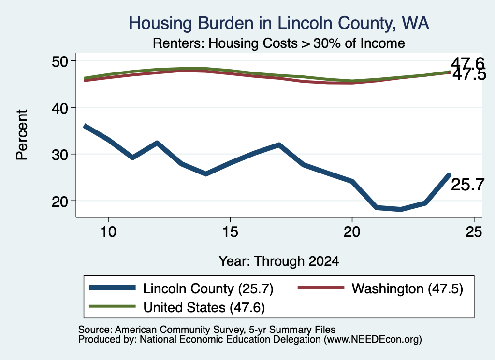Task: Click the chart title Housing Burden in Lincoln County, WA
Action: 279,23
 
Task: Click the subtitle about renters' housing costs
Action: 279,43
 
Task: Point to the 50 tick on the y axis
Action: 59,61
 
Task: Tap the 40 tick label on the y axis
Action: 59,108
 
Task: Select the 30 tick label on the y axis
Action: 59,154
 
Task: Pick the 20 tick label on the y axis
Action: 59,201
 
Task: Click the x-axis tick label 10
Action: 108,232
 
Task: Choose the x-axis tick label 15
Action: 230,232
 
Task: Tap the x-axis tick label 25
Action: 474,232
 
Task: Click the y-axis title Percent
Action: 22,135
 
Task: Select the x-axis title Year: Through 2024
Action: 279,261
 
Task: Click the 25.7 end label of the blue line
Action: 467,185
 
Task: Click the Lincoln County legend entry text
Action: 208,288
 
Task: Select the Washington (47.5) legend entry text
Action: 407,288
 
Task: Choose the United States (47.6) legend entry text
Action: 204,308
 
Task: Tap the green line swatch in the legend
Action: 112,306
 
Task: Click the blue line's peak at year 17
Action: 279,145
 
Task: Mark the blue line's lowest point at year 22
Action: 401,209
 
